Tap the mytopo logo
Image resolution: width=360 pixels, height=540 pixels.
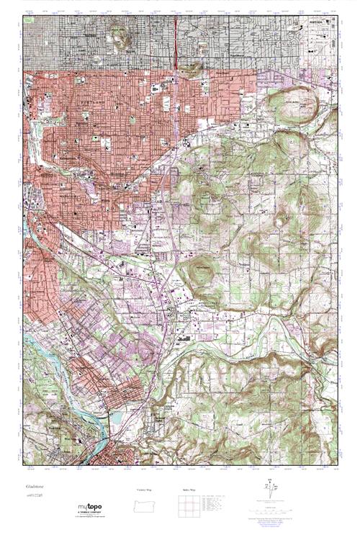pos(91,509)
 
